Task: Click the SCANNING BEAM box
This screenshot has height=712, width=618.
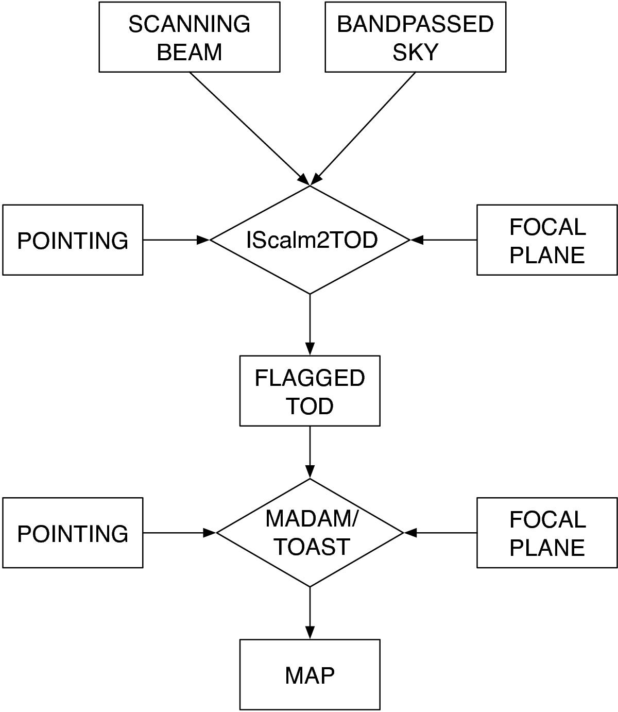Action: [190, 37]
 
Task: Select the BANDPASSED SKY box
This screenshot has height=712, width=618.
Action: [415, 37]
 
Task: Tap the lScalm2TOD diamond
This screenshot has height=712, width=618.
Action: [310, 240]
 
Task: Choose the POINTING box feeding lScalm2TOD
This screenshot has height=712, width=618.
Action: [73, 240]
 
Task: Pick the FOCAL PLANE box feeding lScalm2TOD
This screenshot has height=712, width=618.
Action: [547, 240]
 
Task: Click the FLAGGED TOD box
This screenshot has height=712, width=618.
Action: [310, 391]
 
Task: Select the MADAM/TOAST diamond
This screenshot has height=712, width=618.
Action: [310, 533]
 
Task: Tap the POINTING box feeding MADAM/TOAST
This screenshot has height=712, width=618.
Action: [73, 533]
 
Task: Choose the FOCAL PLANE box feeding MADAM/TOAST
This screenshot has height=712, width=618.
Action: [547, 533]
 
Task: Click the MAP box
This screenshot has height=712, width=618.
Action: [310, 675]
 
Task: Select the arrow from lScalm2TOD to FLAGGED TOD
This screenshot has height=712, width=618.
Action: [310, 325]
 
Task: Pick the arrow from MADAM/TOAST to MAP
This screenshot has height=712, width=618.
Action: [310, 613]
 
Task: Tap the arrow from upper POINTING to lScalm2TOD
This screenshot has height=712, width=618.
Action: [176, 240]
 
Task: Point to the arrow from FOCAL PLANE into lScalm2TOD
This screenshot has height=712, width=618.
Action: [443, 240]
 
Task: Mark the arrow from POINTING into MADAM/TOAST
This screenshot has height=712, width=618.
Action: [179, 533]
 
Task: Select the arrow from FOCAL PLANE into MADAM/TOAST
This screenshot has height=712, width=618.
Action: [440, 533]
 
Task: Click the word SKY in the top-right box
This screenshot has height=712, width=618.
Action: [415, 52]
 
